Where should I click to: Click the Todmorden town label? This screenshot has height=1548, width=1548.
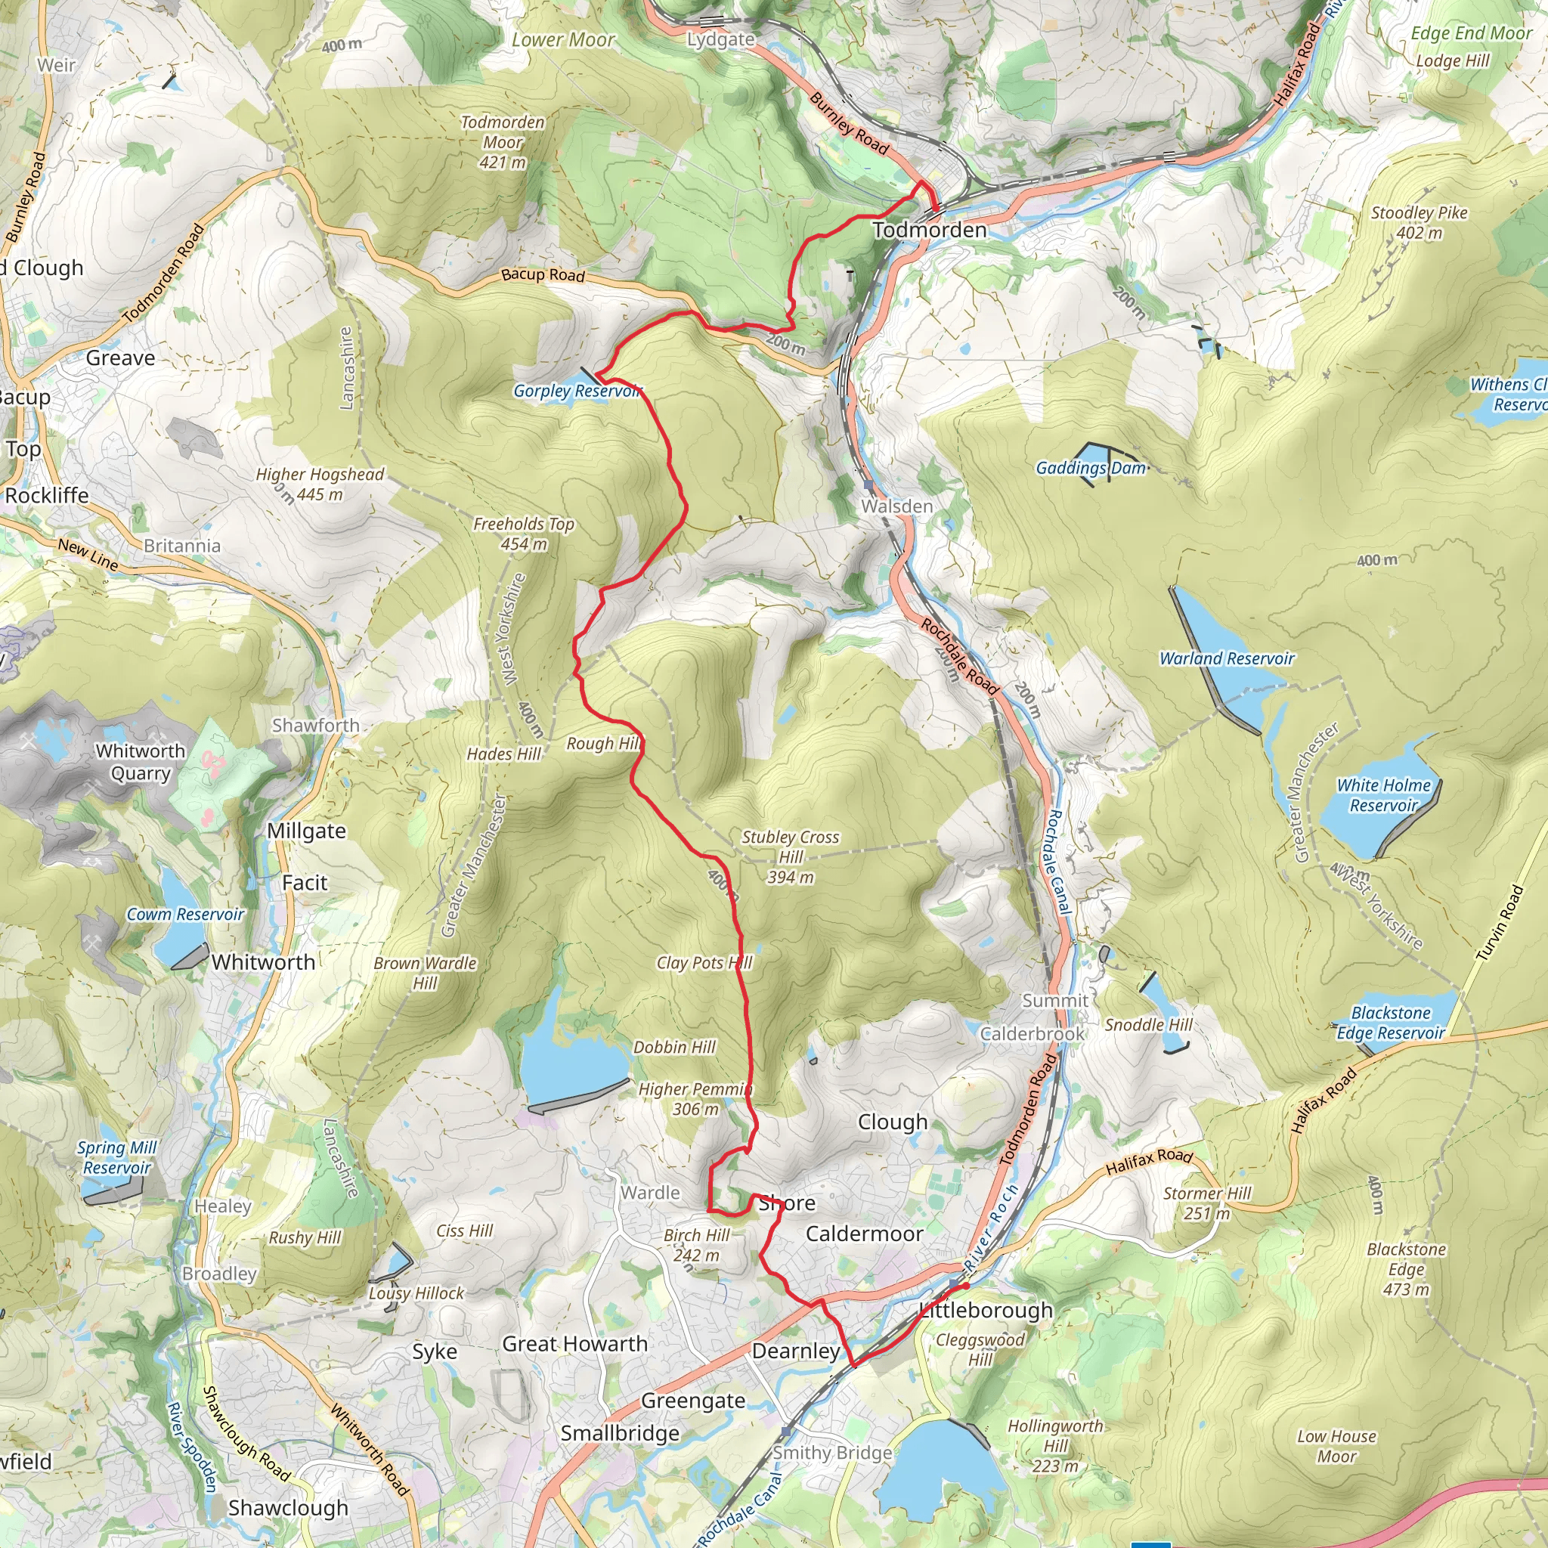pos(930,230)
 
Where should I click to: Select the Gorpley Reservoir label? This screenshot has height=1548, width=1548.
pos(577,391)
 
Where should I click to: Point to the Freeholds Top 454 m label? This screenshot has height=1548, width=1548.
pos(524,534)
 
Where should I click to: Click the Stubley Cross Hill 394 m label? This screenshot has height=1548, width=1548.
pos(790,856)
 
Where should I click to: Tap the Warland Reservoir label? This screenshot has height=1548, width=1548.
pos(1227,658)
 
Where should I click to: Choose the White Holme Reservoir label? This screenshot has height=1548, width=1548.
pos(1383,795)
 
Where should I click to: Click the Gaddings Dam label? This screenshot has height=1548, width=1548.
pos(1091,468)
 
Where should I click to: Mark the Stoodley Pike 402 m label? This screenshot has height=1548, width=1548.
pos(1419,223)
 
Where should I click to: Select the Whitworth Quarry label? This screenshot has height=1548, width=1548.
pos(141,762)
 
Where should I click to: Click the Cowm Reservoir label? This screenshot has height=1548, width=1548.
pos(185,915)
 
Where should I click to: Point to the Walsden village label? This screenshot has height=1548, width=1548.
pos(896,506)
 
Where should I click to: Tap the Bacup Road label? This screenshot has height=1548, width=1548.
pos(543,275)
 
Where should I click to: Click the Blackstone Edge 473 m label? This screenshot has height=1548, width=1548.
pos(1406,1269)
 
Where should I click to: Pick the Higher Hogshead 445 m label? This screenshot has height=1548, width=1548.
pos(320,484)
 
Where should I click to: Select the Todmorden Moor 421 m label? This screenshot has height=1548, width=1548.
pos(503,142)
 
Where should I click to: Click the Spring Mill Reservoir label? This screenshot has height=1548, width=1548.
pos(117,1158)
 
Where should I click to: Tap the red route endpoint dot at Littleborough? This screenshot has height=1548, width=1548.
pos(966,1286)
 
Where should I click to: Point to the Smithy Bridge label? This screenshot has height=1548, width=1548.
pos(832,1453)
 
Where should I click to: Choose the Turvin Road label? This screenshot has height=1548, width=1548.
pos(1499,922)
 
